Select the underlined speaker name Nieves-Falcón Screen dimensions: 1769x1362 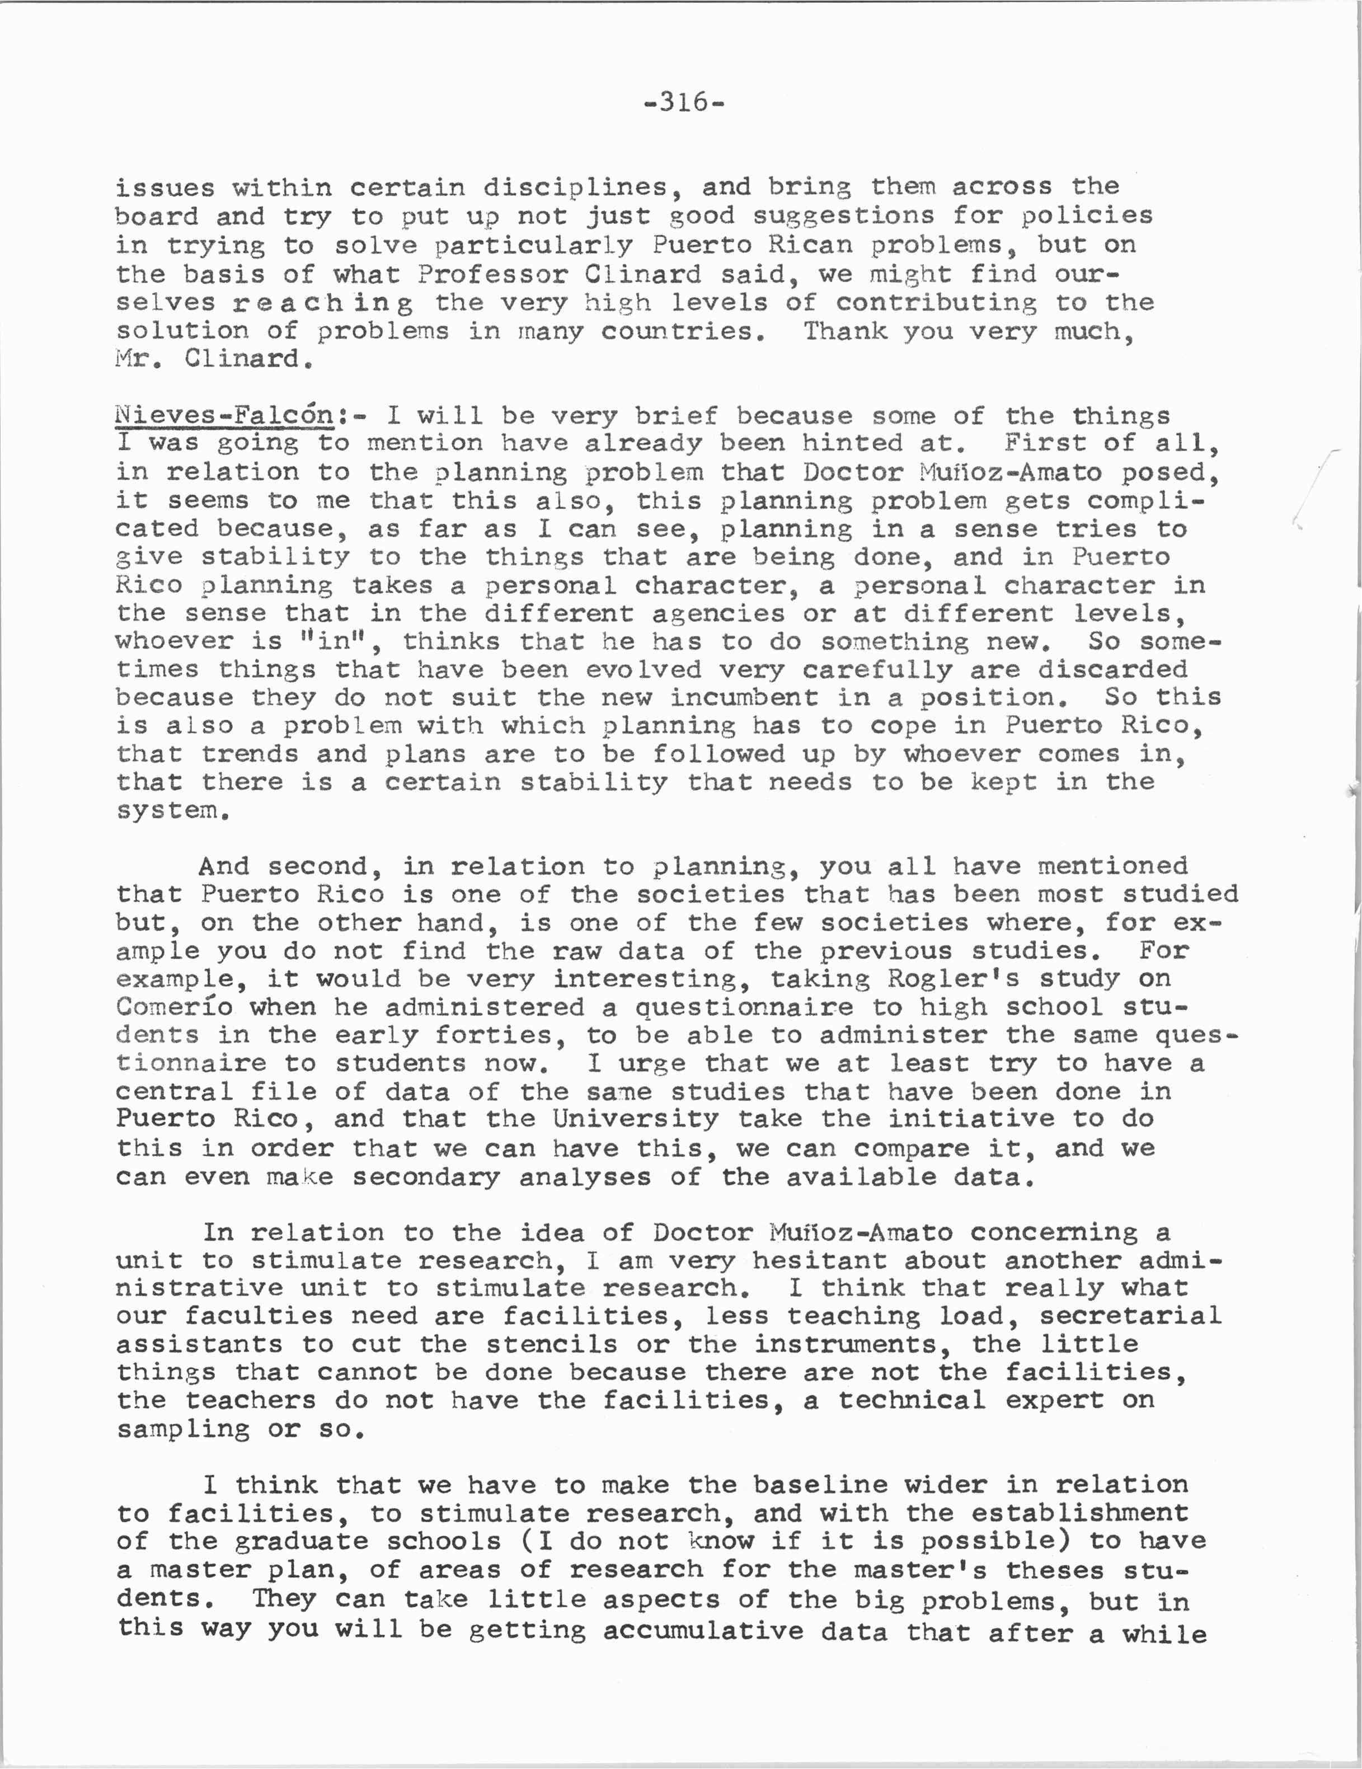point(224,415)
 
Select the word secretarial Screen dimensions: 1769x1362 point(1130,1315)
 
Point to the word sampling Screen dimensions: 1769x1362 point(183,1429)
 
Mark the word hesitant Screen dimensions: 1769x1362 point(819,1260)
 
